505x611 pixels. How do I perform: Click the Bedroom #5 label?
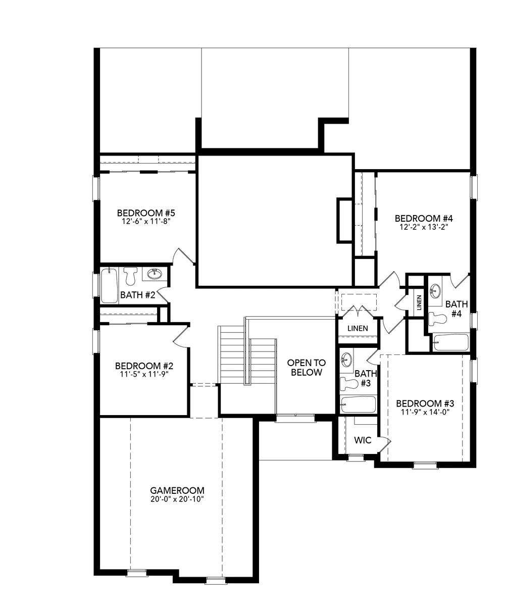146,213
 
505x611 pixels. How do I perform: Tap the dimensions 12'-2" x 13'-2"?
424,227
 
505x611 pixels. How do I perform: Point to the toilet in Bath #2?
131,276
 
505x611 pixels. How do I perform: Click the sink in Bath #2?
155,274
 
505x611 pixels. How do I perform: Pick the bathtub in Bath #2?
109,285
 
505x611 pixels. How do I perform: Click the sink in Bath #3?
347,359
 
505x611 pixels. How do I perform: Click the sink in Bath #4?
435,291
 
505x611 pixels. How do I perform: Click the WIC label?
363,440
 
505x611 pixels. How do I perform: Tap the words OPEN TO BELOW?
307,368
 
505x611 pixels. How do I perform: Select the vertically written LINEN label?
419,302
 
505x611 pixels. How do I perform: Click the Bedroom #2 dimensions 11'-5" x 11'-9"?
144,374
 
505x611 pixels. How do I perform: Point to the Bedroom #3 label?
425,403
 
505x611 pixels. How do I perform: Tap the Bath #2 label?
137,295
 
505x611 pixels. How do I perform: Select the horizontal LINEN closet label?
358,328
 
